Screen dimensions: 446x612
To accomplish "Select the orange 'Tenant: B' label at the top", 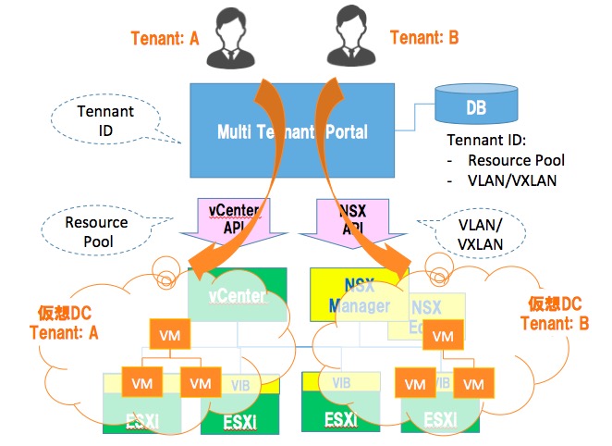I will tap(424, 38).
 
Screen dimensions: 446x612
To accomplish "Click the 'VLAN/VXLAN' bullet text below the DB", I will tap(513, 180).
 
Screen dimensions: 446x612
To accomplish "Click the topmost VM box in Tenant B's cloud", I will tap(445, 336).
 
